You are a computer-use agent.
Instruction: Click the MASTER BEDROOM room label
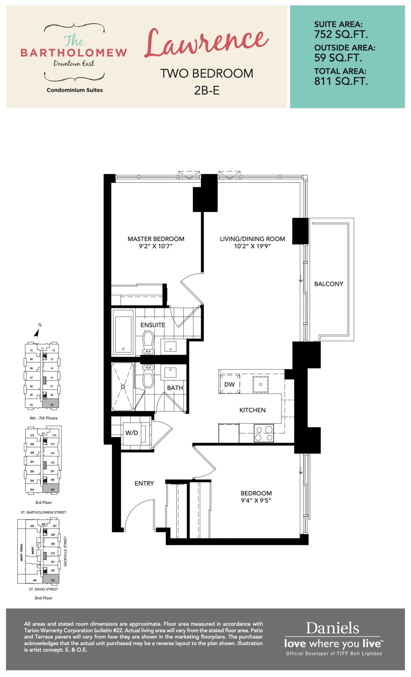click(156, 239)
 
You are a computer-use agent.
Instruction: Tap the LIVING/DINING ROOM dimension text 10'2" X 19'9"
click(252, 246)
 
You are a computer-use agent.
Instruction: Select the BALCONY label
click(328, 284)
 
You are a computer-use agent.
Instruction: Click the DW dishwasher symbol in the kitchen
click(230, 384)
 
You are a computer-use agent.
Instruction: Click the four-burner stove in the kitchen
click(264, 433)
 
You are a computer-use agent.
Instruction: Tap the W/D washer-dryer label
click(132, 433)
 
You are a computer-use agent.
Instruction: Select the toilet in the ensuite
click(148, 343)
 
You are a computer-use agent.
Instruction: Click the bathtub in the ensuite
click(123, 332)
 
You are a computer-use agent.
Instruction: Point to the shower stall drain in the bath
click(123, 387)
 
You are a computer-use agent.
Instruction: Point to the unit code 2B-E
click(207, 90)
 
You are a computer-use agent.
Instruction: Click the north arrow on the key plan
click(36, 333)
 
